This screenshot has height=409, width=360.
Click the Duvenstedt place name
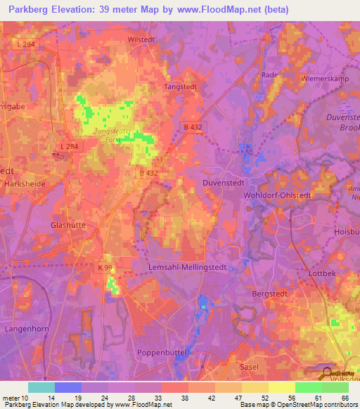click(232, 179)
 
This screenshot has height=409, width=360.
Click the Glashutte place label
click(68, 225)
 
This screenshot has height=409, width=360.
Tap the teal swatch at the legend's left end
click(41, 387)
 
